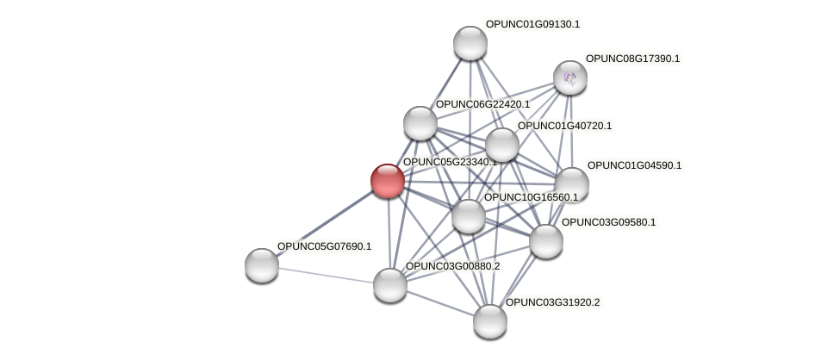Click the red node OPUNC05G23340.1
388,181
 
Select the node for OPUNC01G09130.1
470,43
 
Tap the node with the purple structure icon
569,78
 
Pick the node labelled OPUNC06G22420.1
420,123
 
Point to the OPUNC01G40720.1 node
501,145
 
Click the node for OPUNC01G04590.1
571,183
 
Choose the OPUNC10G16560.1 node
468,216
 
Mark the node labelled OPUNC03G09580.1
545,241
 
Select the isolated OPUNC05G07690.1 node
262,264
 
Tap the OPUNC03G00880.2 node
389,285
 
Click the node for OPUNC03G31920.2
490,321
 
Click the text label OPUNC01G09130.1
532,24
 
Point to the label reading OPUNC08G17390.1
632,59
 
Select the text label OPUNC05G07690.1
324,246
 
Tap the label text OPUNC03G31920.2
552,302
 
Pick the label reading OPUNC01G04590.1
634,165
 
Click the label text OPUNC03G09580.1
608,222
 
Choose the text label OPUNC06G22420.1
482,104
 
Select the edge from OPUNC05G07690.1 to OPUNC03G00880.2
326,275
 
